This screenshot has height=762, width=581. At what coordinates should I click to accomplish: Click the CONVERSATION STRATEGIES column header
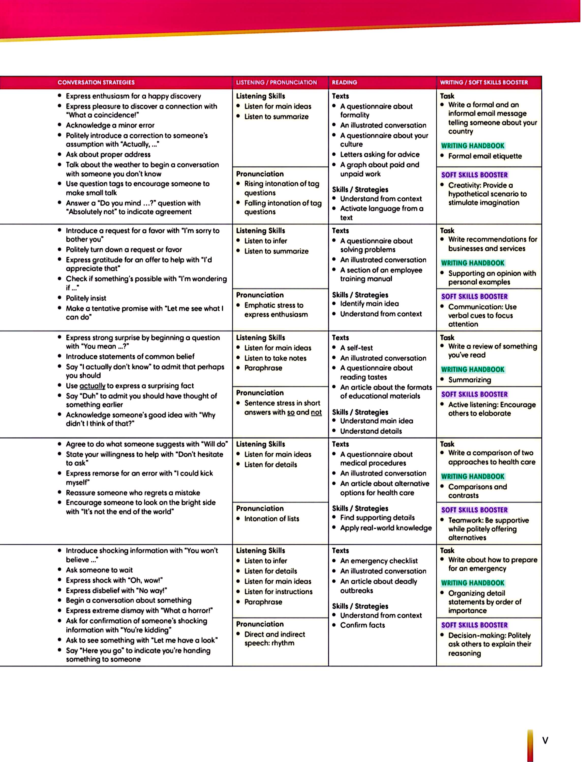[x=96, y=82]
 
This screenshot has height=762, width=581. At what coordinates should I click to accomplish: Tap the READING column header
[x=344, y=82]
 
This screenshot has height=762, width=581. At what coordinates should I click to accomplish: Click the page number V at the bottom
[x=545, y=741]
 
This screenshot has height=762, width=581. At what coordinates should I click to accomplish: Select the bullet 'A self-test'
[x=356, y=348]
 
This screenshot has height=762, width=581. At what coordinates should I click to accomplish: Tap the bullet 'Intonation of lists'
[x=271, y=518]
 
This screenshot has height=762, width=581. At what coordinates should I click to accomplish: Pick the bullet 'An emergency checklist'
[x=379, y=561]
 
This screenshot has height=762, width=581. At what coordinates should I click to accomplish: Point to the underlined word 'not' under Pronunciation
[x=316, y=412]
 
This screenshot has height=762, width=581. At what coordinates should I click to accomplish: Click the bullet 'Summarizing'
[x=469, y=379]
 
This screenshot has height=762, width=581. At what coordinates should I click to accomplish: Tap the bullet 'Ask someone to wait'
[x=99, y=570]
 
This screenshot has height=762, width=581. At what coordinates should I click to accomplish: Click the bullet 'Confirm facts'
[x=362, y=625]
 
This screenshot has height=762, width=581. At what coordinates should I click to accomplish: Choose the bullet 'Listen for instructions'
[x=278, y=591]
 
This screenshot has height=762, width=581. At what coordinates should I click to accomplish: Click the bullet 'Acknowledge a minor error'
[x=110, y=125]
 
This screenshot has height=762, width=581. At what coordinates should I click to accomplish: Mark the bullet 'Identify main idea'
[x=369, y=304]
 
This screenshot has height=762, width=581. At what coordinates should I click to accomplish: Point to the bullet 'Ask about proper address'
[x=108, y=154]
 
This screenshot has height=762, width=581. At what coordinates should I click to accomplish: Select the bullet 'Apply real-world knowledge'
[x=386, y=528]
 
